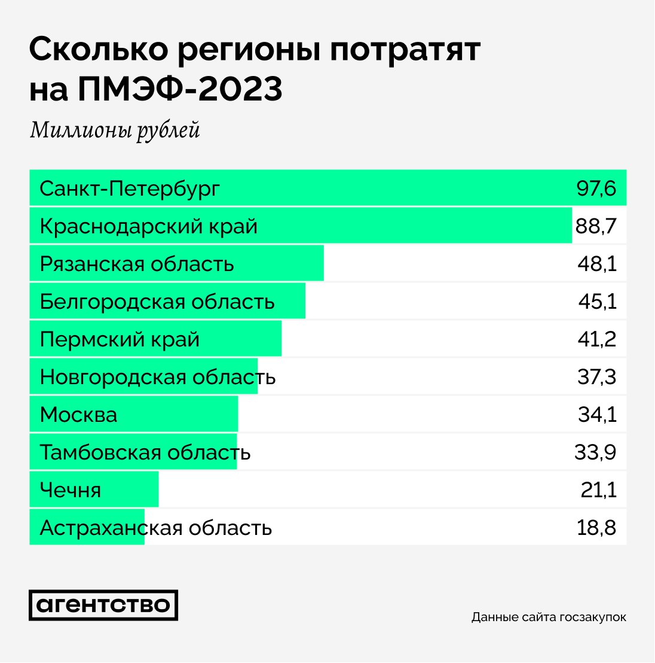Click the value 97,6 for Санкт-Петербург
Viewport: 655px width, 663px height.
[x=596, y=188]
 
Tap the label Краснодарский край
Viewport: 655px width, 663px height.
[x=149, y=227]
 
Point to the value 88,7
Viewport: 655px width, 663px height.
[x=595, y=227]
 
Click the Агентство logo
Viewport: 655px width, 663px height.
[x=103, y=605]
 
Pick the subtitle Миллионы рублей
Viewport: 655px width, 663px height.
[x=115, y=130]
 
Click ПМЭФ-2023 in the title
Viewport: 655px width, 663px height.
[x=180, y=89]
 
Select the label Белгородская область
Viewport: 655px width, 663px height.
[x=157, y=302]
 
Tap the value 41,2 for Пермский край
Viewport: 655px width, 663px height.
[x=597, y=339]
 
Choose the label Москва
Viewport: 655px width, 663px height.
[x=78, y=415]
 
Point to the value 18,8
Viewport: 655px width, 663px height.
[x=597, y=528]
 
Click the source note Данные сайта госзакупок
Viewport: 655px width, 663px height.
[x=549, y=617]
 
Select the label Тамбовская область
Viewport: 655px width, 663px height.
[x=145, y=452]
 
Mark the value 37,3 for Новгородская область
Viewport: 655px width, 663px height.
[x=597, y=377]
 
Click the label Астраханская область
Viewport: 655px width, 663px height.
[x=156, y=528]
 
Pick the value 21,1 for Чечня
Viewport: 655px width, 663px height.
[x=598, y=490]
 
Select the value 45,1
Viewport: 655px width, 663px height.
[x=597, y=302]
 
